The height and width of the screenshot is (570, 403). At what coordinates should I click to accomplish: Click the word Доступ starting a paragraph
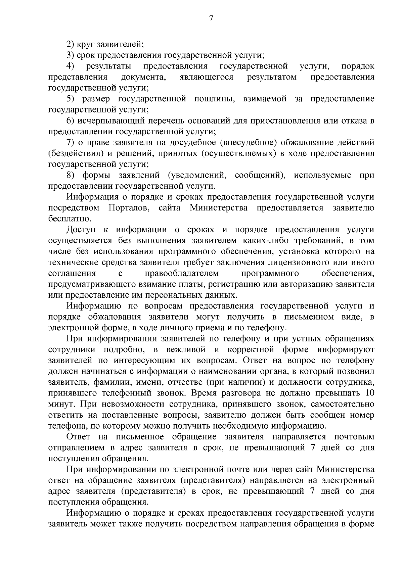(x=81, y=230)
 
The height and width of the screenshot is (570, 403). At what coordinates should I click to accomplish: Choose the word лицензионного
(x=300, y=262)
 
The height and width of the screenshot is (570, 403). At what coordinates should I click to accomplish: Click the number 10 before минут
(x=368, y=393)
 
